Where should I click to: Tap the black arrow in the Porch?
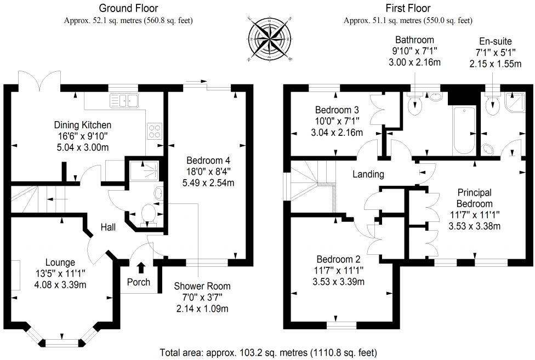click(140, 267)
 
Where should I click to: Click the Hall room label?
click(108, 227)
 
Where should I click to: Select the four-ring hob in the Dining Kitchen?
click(155, 130)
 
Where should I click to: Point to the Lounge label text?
click(60, 262)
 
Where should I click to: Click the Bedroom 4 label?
click(208, 161)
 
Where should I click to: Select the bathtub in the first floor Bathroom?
click(464, 130)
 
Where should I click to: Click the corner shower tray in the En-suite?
click(513, 100)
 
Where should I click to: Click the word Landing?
click(368, 174)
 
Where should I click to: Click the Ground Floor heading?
click(128, 8)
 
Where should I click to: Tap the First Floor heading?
click(408, 8)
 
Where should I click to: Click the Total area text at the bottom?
click(268, 352)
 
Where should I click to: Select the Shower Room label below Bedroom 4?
click(202, 286)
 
